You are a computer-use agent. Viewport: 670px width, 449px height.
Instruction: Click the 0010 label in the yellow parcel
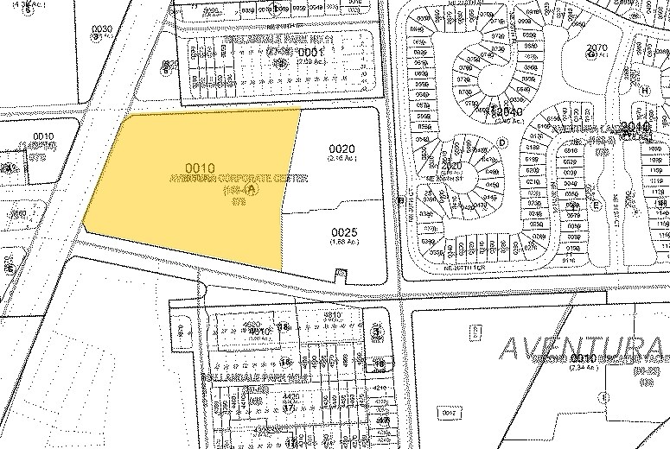tap(200, 168)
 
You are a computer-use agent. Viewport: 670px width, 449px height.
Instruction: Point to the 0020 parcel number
tap(342, 149)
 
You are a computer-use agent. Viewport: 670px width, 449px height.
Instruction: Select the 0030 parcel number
tap(102, 29)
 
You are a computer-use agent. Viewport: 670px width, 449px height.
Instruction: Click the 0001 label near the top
tap(309, 53)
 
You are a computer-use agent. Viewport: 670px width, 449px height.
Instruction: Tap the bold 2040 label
tap(507, 111)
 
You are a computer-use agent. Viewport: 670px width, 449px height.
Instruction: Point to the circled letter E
tap(596, 205)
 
